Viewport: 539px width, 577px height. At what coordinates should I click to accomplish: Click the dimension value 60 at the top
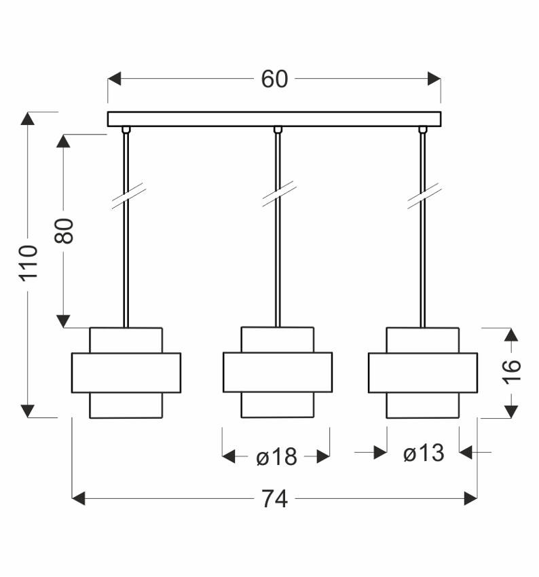point(274,79)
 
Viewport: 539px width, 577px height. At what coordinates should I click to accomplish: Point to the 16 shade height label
point(513,370)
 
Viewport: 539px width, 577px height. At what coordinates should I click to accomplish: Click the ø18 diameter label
point(276,457)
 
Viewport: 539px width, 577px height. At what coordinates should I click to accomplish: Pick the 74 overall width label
point(274,499)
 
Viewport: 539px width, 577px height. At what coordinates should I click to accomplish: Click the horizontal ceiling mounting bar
point(274,119)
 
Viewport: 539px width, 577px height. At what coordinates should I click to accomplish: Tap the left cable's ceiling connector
point(126,129)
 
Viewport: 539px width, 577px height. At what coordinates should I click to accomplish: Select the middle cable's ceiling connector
point(277,129)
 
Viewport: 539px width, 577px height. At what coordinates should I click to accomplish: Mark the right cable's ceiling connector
point(424,129)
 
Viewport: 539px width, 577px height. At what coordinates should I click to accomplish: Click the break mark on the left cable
point(128,197)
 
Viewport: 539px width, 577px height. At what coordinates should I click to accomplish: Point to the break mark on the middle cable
point(278,194)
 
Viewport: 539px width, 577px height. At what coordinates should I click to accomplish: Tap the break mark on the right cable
point(424,196)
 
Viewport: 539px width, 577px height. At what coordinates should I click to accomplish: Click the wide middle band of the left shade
point(126,373)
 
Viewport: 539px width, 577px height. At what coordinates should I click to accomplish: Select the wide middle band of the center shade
point(277,372)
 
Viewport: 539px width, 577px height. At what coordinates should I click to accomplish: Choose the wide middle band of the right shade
point(422,372)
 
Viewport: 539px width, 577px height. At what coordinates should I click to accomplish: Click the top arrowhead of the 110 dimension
point(28,118)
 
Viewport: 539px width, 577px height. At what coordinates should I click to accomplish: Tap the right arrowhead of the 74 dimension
point(470,499)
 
